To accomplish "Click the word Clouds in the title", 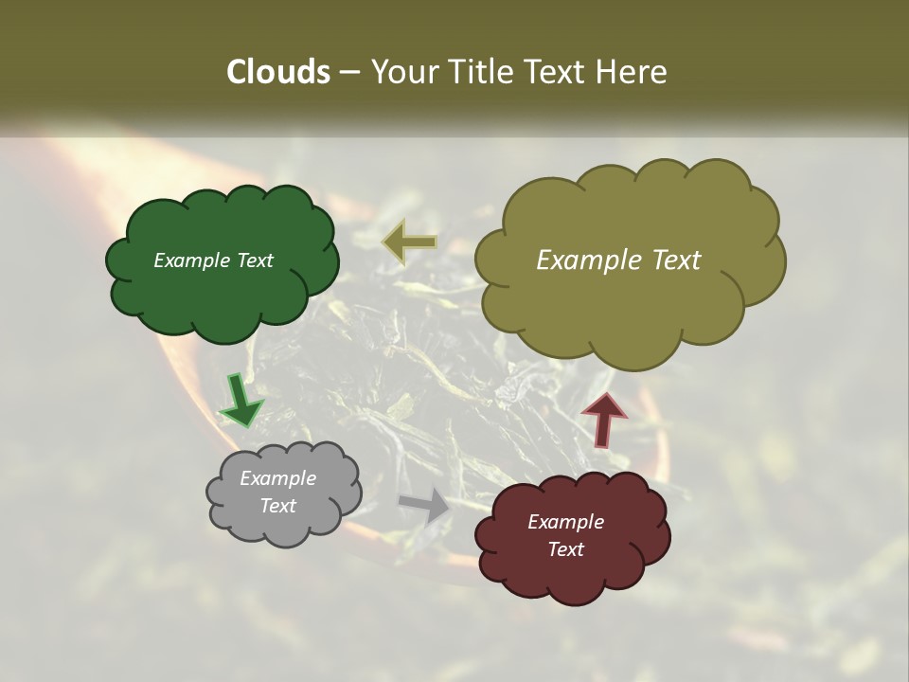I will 277,72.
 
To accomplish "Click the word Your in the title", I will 404,72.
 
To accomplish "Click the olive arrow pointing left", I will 410,242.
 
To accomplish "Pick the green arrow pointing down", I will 241,400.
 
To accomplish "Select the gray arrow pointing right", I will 425,504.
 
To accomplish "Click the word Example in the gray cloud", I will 277,478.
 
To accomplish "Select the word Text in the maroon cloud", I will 565,549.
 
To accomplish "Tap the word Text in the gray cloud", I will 277,506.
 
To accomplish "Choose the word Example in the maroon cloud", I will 565,522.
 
